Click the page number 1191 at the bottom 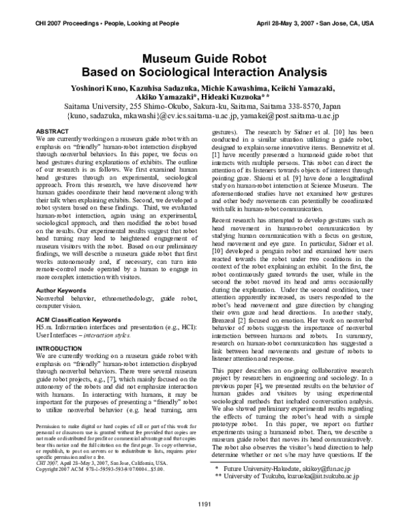click(204, 504)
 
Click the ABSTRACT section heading click(51, 130)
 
